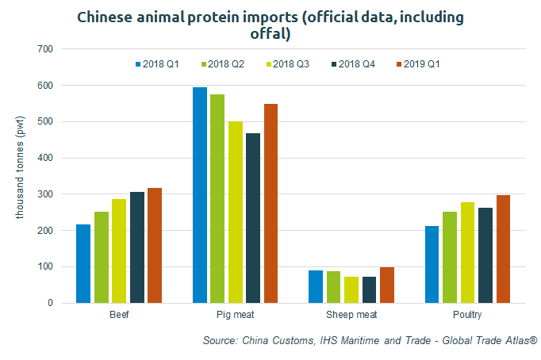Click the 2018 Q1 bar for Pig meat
click(x=199, y=195)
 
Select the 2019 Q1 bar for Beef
click(x=155, y=245)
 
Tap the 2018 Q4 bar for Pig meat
click(x=254, y=218)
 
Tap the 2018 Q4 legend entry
click(x=353, y=63)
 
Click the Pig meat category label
click(x=235, y=315)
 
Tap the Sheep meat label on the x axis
click(x=351, y=315)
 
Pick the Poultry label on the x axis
click(x=468, y=315)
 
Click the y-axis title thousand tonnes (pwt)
click(x=21, y=176)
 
